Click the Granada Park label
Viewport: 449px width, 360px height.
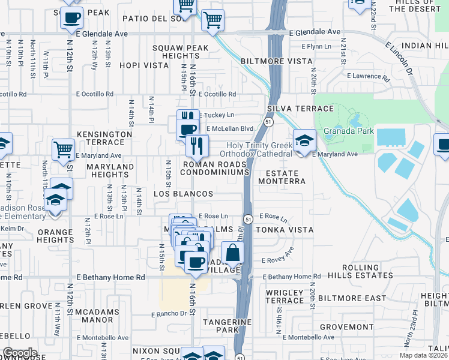(x=349, y=131)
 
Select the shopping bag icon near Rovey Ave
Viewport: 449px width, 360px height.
(x=232, y=253)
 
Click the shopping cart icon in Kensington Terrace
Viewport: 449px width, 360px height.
(x=63, y=149)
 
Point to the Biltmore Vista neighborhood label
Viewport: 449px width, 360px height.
(x=277, y=61)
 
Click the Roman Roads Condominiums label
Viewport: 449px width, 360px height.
(x=214, y=168)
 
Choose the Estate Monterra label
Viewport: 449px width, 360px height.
(x=282, y=177)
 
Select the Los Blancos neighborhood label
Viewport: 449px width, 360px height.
(x=183, y=194)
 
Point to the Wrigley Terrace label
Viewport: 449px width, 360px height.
(x=285, y=296)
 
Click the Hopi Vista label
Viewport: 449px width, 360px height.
(x=144, y=65)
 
